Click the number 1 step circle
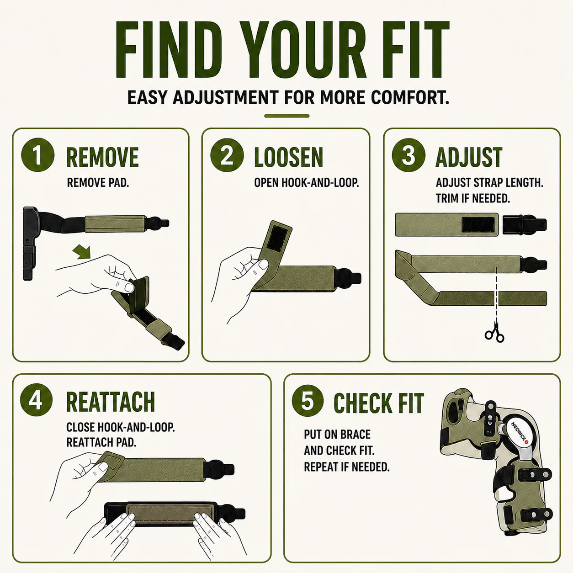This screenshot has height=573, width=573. tap(38, 155)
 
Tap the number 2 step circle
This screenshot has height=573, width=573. tap(227, 155)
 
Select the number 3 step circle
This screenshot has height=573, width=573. tap(408, 155)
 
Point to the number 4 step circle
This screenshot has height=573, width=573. tap(36, 400)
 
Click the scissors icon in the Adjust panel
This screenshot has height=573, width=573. tap(494, 333)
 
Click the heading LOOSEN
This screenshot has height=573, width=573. tap(288, 157)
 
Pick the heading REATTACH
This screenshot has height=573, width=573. tap(110, 402)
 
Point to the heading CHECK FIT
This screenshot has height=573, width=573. tap(378, 403)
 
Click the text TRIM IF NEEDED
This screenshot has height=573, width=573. tap(473, 198)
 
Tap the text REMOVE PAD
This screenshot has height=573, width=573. tap(98, 183)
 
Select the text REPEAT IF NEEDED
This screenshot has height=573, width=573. tap(347, 467)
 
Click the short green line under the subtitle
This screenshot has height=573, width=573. tap(286, 116)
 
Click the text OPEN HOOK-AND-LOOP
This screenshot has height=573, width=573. tap(307, 183)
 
